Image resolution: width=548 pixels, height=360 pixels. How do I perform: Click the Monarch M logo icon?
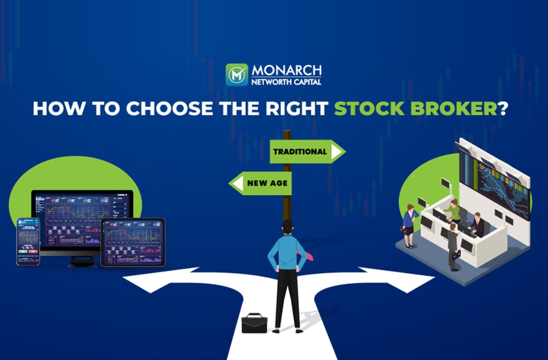237,75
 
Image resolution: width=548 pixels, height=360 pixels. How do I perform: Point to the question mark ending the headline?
503,109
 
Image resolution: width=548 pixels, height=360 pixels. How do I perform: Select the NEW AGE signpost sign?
260,183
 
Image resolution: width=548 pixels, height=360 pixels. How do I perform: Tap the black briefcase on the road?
254,323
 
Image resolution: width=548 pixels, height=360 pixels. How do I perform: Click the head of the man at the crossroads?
287,227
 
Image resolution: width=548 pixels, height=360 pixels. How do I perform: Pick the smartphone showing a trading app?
28,242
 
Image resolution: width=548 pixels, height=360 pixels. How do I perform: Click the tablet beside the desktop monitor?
133,242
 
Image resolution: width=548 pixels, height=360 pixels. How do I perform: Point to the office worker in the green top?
453,211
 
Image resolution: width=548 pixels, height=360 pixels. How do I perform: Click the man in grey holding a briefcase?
453,247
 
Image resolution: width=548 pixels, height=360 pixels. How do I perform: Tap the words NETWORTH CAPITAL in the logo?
286,82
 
